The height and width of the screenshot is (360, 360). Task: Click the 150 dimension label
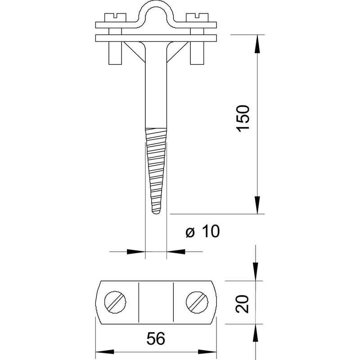243,118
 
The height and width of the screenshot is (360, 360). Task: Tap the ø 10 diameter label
202,231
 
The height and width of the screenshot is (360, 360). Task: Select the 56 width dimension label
156,339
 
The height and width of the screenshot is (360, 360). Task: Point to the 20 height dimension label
242,304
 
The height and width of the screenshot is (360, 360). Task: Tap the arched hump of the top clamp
156,9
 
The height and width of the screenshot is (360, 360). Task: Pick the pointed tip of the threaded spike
156,213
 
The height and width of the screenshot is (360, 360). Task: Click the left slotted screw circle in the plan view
115,302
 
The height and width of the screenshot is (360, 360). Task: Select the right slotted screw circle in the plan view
197,302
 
